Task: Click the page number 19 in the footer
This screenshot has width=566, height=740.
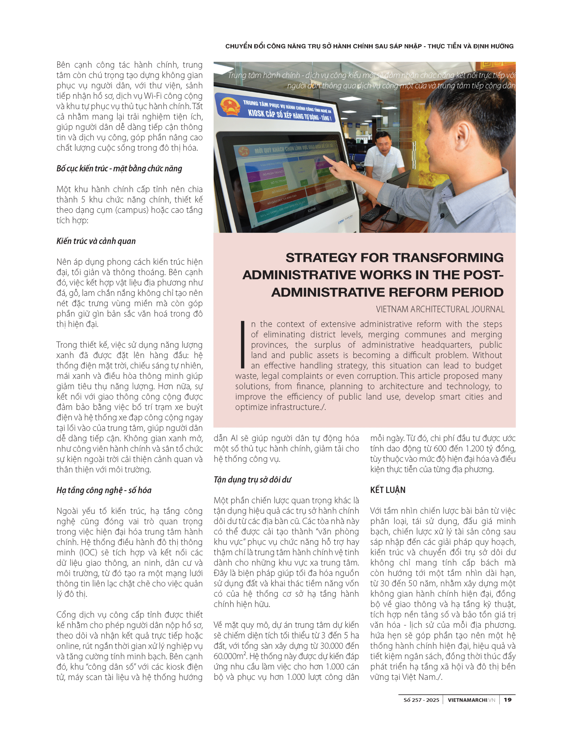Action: coord(507,700)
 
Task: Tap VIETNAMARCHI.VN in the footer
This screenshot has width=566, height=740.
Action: coord(471,700)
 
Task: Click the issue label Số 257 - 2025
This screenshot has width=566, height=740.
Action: coord(421,700)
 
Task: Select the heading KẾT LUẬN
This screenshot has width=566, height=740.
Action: coord(387,490)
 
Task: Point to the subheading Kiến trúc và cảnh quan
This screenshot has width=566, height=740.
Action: coord(96,241)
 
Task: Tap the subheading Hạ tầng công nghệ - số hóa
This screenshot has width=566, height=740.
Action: coord(104,490)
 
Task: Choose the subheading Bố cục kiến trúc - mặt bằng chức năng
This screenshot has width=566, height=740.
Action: coord(119,169)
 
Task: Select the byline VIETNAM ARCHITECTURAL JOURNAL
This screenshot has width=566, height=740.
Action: coord(440,309)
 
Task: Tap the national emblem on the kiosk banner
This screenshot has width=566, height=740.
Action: coord(230,105)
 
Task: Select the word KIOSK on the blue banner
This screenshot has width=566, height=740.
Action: coord(256,113)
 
